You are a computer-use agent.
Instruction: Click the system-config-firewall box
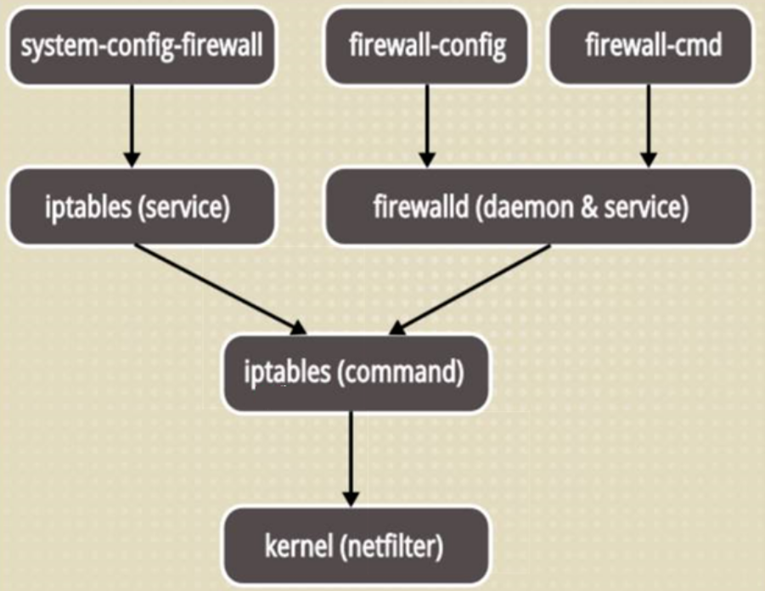coord(141,46)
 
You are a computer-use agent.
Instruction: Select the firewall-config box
coord(427,46)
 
